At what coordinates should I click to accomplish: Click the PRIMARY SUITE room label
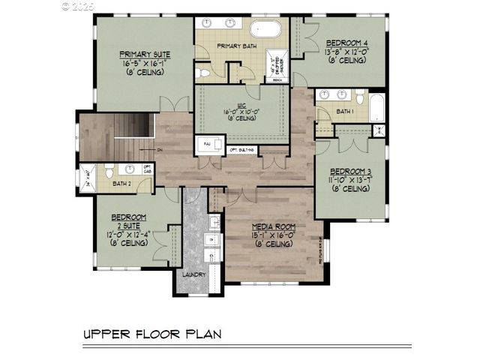coord(144,54)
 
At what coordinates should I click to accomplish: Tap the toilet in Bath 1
coord(360,97)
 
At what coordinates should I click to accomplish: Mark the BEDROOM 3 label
coord(350,170)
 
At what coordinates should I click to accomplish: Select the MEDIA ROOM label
coord(274,226)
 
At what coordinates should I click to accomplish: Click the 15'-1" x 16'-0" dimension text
coord(273,235)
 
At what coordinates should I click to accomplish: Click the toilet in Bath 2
coord(109,170)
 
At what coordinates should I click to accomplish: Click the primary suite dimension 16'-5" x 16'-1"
coord(144,64)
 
